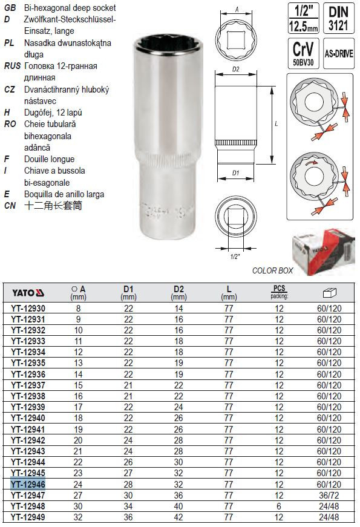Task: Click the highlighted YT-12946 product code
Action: [x=28, y=484]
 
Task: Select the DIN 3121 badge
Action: [x=338, y=18]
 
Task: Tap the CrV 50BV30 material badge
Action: [x=303, y=53]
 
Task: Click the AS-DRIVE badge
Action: [x=338, y=53]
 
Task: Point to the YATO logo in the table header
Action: [x=28, y=293]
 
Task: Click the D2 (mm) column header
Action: [x=178, y=293]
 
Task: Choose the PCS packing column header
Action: [x=280, y=292]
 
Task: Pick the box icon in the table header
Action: [x=329, y=293]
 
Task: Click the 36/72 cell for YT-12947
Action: [x=329, y=496]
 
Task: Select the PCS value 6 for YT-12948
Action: [x=279, y=506]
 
